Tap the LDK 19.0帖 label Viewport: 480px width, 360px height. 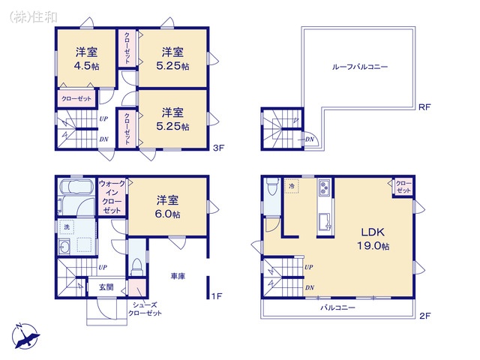(x=373, y=238)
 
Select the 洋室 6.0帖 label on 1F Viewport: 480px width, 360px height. (x=167, y=207)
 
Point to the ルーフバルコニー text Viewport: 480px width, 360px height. (x=360, y=67)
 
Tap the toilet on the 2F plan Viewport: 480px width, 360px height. (x=271, y=187)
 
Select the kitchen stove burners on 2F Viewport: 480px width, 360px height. (x=324, y=187)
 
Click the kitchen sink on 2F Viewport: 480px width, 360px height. (x=325, y=222)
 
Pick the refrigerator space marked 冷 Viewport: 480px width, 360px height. (x=292, y=186)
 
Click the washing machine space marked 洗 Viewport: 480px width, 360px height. (x=67, y=227)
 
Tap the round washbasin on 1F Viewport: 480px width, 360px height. (x=64, y=247)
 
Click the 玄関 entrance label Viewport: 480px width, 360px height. (x=106, y=286)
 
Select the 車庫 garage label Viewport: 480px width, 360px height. (x=178, y=276)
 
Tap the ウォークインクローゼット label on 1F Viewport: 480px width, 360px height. (x=112, y=196)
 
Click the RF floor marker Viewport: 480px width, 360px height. (x=424, y=107)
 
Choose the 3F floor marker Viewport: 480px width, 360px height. (x=218, y=148)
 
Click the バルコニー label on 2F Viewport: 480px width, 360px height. (x=338, y=307)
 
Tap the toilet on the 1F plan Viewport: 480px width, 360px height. (x=136, y=267)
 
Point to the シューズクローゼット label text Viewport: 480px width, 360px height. (x=145, y=309)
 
